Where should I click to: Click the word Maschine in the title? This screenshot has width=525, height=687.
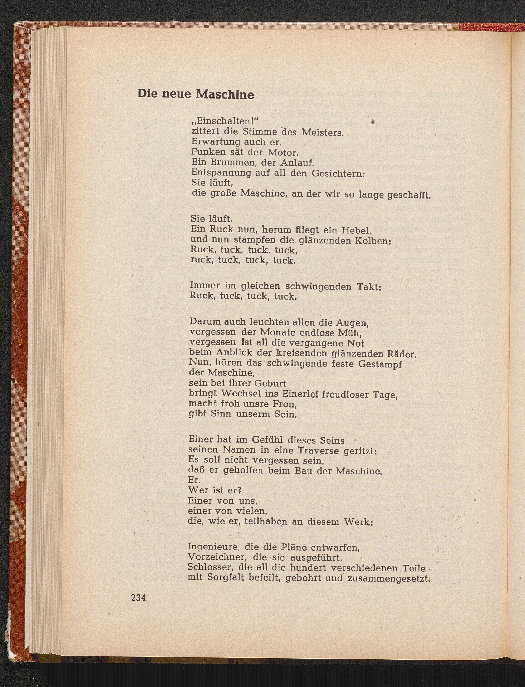(225, 94)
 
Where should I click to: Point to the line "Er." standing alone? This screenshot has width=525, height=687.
(194, 480)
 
